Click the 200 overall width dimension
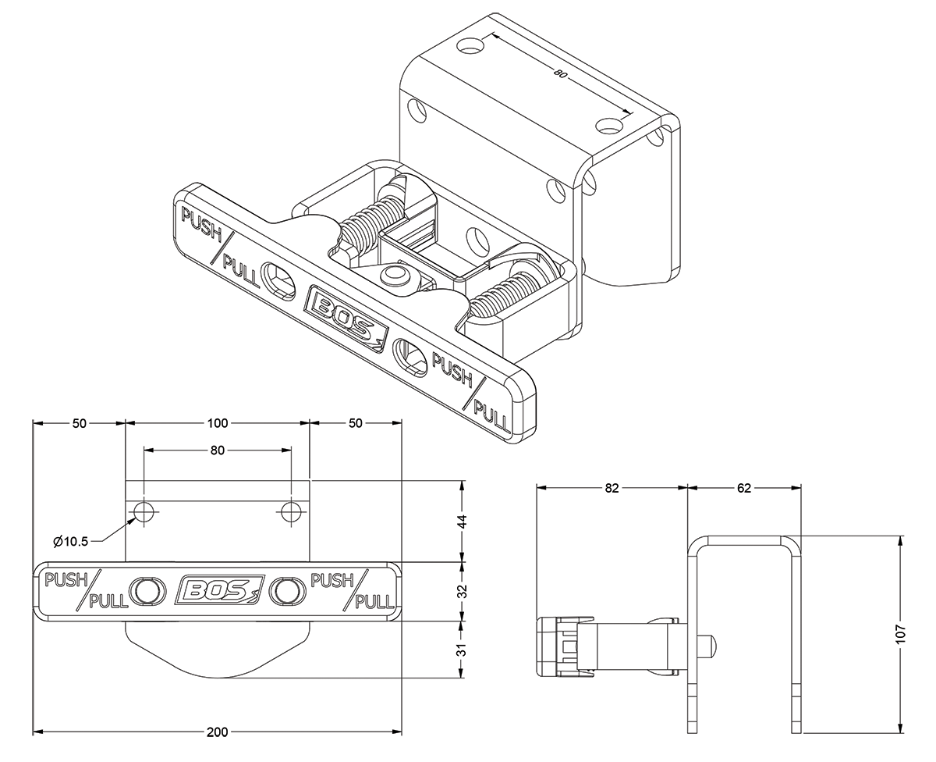218,732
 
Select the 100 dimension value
218,423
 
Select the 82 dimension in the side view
612,489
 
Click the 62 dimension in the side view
743,489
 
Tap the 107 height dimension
901,634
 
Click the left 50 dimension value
79,423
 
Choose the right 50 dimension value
356,423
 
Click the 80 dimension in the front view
218,450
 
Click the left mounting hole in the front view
144,512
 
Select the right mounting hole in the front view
291,512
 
